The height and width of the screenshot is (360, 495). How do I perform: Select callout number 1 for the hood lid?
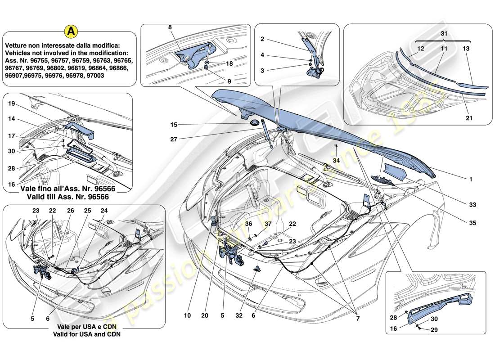click(x=470, y=180)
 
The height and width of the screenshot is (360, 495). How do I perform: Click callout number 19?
click(x=12, y=103)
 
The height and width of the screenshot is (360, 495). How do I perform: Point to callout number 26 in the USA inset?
click(x=70, y=211)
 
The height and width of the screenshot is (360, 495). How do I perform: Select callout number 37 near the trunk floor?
click(x=268, y=224)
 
